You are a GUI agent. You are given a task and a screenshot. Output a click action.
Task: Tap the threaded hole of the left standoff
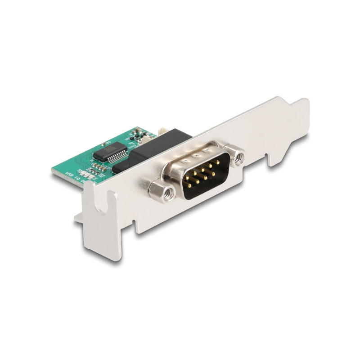point(168,193)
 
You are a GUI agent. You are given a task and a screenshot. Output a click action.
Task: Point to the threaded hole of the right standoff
point(239,157)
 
